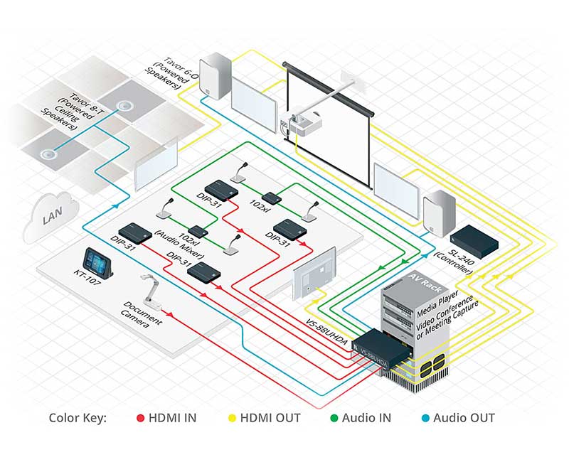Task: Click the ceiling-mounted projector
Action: [x=304, y=123]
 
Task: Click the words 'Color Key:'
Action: [x=78, y=418]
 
